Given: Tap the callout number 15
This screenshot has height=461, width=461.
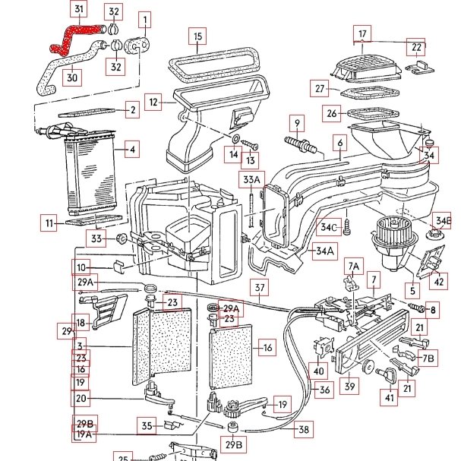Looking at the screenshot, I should click(197, 36).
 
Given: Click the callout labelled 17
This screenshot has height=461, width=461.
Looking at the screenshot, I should click(363, 33).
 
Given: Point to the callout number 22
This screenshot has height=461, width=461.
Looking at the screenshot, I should click(415, 47).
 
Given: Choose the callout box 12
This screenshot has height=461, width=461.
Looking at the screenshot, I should click(154, 101).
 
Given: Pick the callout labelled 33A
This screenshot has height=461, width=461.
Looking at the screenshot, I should click(250, 179).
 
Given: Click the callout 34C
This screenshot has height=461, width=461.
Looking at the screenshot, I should click(329, 227).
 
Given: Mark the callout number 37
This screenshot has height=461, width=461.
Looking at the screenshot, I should click(260, 288).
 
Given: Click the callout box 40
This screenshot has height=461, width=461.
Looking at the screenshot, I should click(319, 371).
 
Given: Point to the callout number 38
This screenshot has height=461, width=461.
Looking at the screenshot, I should click(304, 429).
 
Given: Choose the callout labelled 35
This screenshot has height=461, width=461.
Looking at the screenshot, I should click(147, 426).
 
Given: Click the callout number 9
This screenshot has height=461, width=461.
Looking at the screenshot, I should click(298, 122).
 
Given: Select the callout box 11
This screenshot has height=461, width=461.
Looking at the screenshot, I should click(50, 223).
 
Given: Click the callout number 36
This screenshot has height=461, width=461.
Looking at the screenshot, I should click(324, 390).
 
